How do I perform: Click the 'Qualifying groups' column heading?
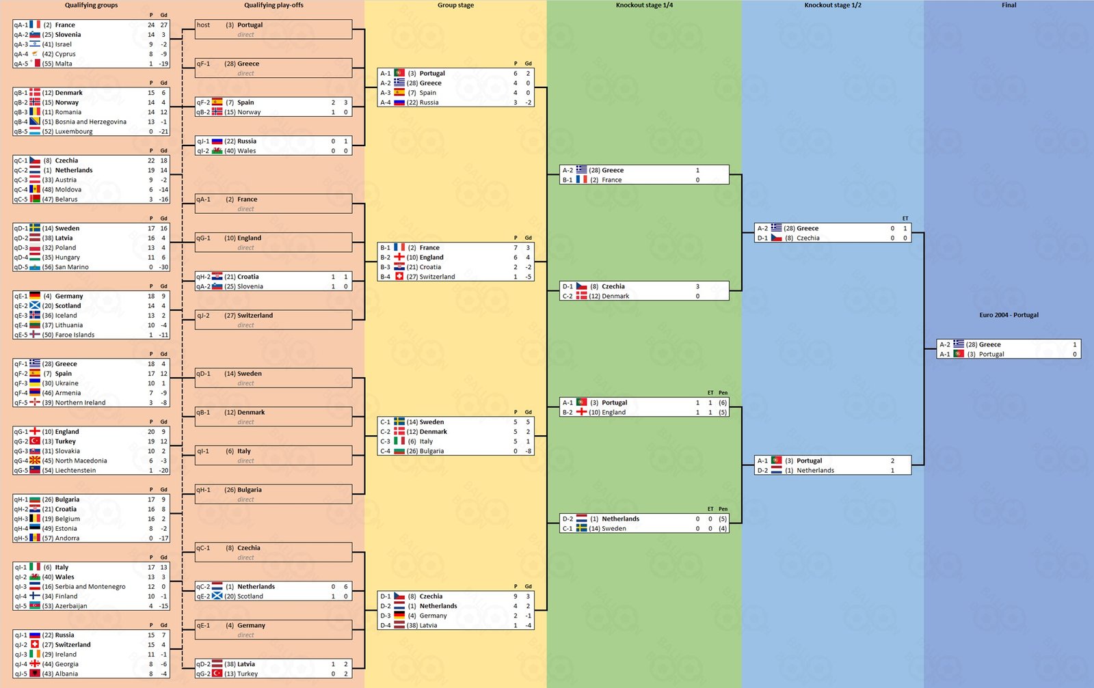[92, 5]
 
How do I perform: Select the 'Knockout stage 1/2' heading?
[833, 5]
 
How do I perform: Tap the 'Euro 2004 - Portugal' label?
[1009, 315]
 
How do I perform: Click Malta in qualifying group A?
[64, 64]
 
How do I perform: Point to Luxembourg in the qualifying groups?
[74, 132]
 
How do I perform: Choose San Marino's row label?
[72, 267]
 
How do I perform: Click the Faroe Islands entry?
[75, 335]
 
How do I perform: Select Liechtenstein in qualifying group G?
[75, 471]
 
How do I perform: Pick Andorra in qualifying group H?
[67, 538]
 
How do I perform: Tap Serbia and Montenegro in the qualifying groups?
[90, 587]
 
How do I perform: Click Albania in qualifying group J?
[66, 674]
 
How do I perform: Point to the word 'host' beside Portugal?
[203, 25]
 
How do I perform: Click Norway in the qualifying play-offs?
[249, 112]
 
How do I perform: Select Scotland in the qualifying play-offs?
[250, 596]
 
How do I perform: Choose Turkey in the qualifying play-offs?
[248, 674]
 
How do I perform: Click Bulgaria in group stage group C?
[431, 452]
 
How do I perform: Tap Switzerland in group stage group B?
[437, 277]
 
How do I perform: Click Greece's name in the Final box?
[990, 345]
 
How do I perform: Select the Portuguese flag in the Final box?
[958, 354]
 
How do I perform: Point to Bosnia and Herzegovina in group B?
[91, 122]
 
